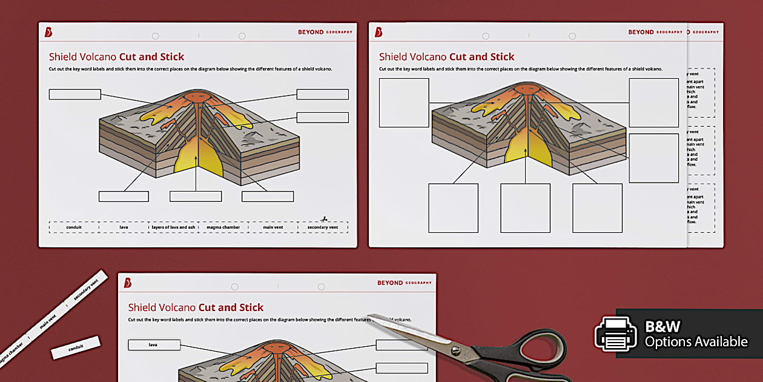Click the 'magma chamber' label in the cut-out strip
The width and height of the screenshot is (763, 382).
[223, 227]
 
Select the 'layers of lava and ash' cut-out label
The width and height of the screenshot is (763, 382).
[173, 227]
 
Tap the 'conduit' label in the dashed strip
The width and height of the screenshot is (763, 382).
[74, 227]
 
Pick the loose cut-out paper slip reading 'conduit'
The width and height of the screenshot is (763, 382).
[76, 347]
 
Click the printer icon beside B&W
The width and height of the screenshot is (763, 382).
[616, 333]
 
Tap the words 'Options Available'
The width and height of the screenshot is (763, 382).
[696, 342]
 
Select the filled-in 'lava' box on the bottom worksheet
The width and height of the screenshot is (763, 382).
[154, 345]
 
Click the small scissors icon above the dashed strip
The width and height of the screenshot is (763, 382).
[325, 218]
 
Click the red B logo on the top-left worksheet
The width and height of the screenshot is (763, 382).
[48, 32]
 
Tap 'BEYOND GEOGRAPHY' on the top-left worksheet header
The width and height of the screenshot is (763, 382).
[325, 32]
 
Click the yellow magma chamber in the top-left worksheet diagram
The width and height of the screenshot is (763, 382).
[197, 165]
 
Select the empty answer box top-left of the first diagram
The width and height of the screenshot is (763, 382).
[74, 94]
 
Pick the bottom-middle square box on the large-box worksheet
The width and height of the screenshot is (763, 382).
[525, 208]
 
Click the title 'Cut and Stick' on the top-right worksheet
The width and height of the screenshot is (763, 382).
[481, 57]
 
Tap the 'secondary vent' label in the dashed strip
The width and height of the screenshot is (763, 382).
[322, 227]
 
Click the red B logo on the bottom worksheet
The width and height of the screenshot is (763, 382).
[128, 283]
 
